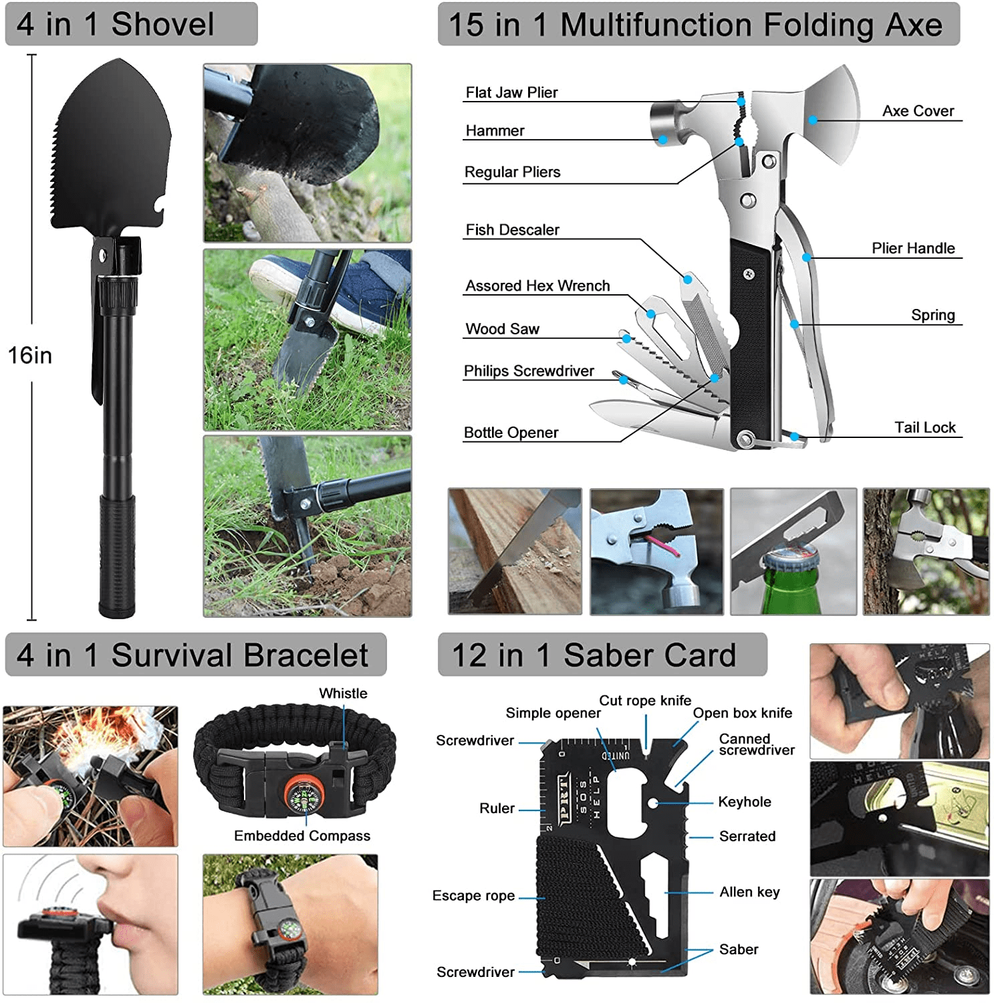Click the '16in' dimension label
coord(30,355)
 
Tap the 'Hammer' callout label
coord(495,130)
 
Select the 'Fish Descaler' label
coord(512,230)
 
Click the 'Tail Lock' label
coord(925,427)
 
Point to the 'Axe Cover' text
coord(918,111)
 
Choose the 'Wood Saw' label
coord(502,329)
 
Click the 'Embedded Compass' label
coord(302,836)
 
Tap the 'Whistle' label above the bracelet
coord(343,693)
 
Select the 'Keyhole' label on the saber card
coord(745,802)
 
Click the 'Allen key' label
coord(749,892)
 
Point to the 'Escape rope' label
coord(473,896)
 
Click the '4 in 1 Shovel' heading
coord(116,24)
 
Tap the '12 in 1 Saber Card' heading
coord(594,655)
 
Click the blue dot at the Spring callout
coord(795,324)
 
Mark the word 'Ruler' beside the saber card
coord(497,808)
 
